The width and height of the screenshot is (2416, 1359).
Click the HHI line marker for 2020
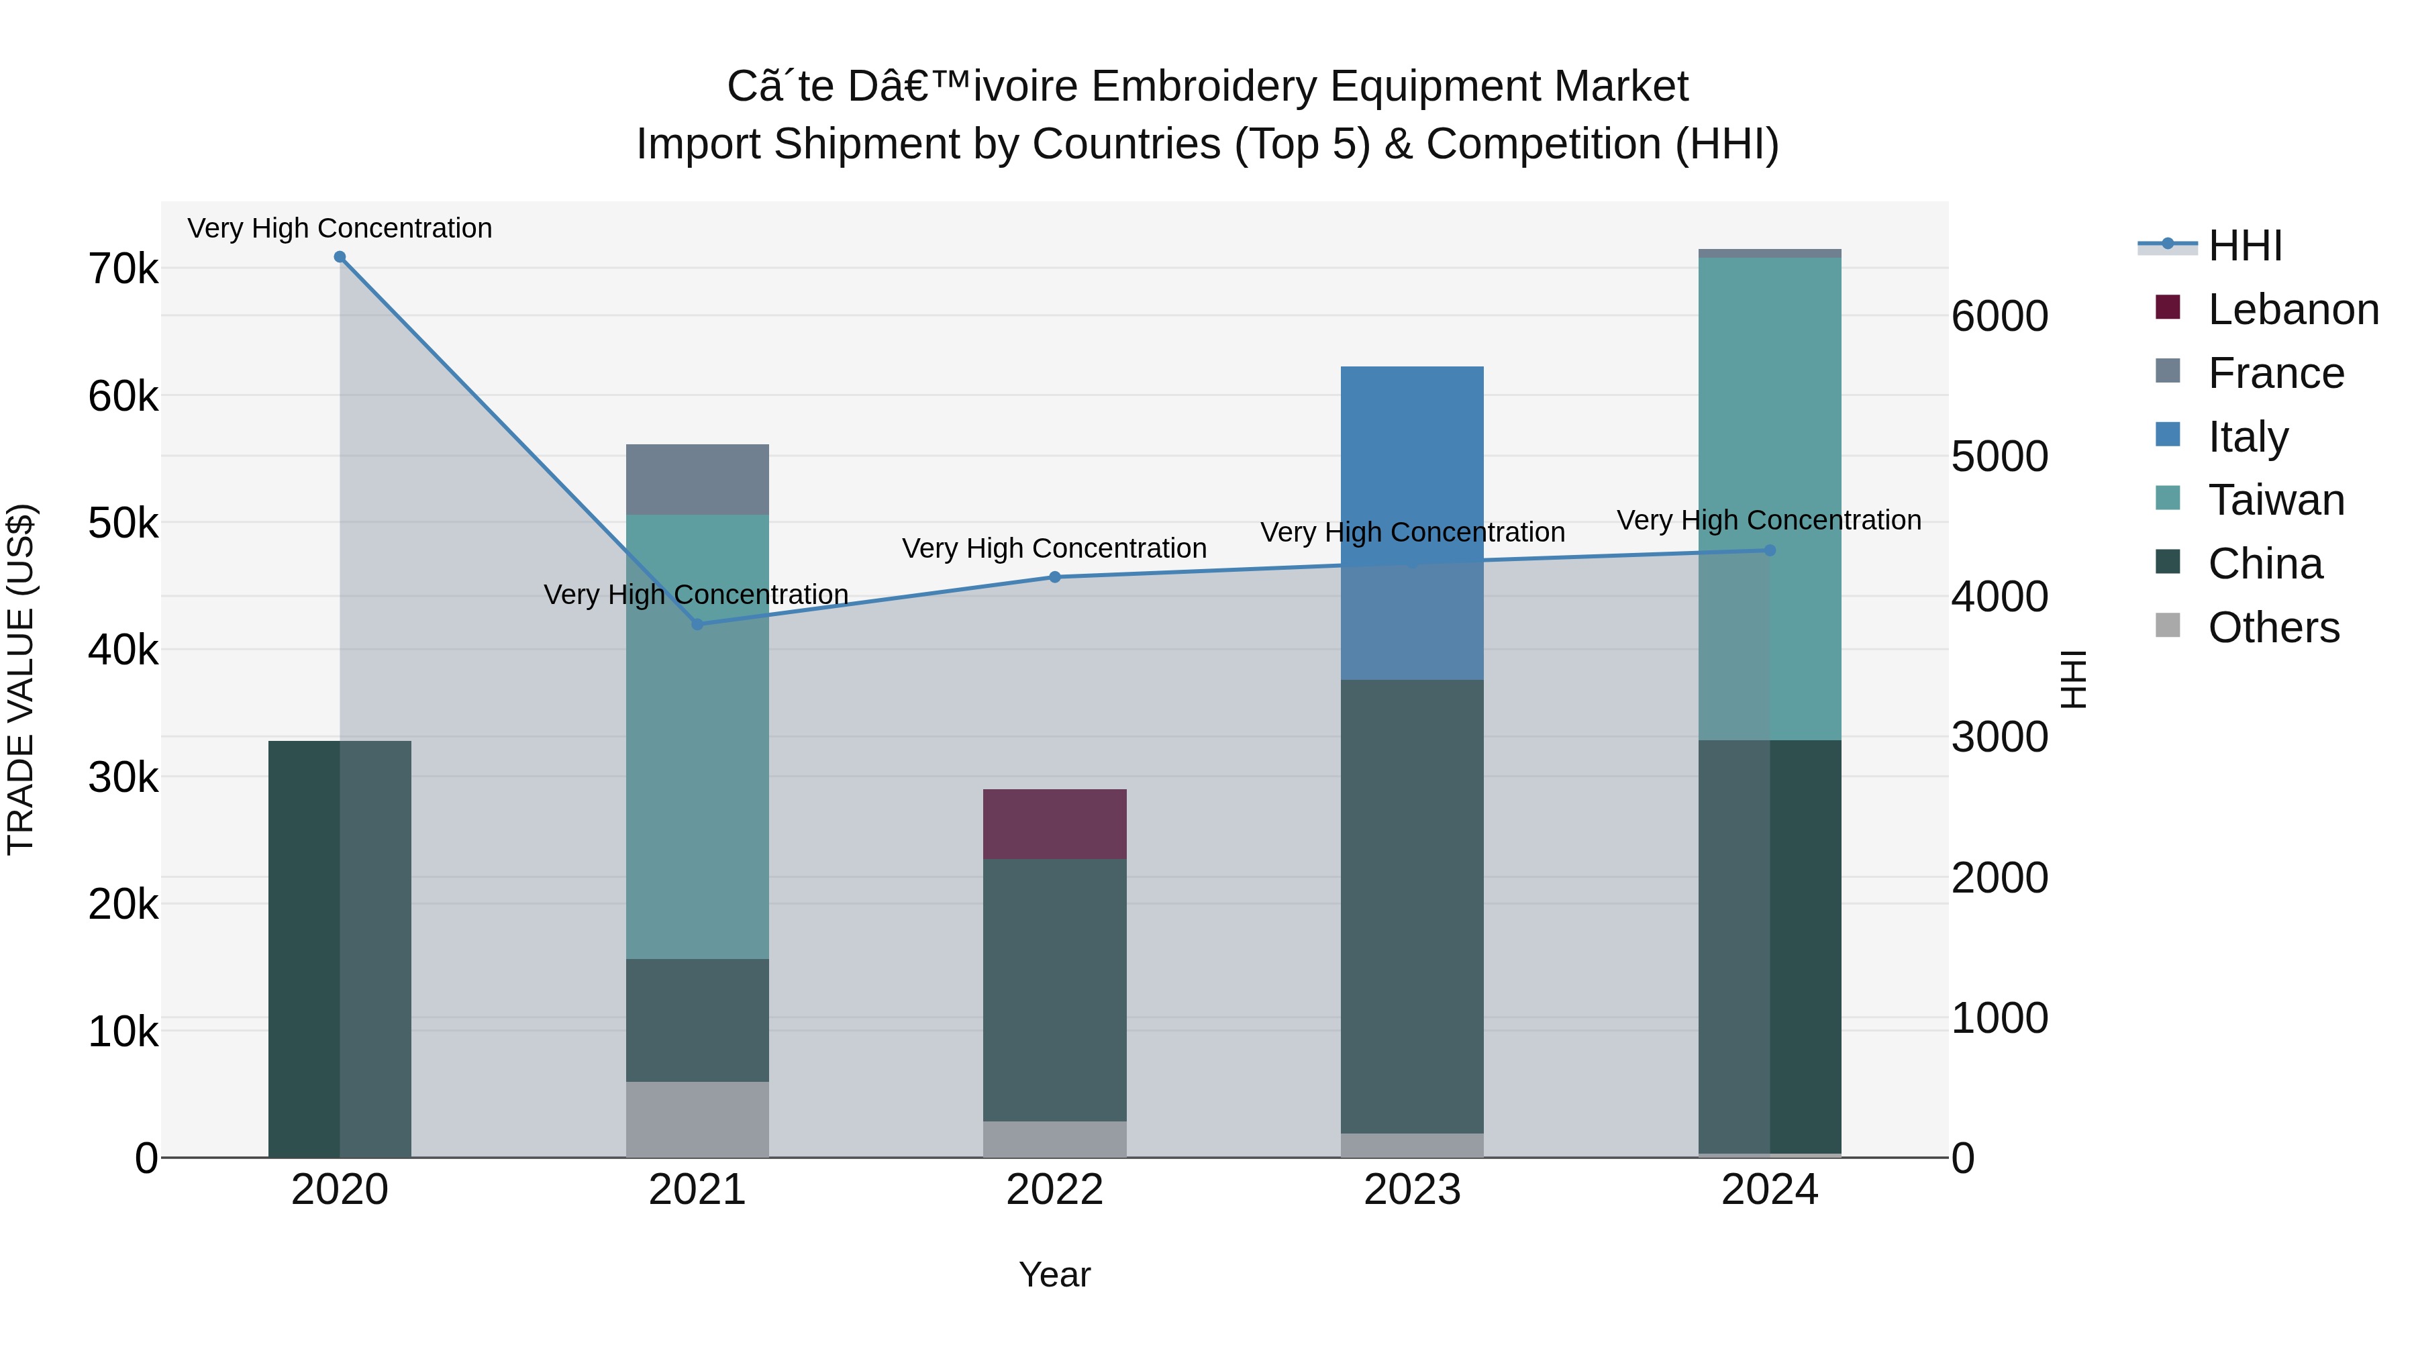pyautogui.click(x=340, y=257)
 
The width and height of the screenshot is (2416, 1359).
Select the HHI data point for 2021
pyautogui.click(x=697, y=623)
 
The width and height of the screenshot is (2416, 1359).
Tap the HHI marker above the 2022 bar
pyautogui.click(x=1054, y=576)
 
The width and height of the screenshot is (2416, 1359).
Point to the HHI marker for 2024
pyautogui.click(x=1769, y=550)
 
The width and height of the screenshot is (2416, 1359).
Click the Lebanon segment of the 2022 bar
pyautogui.click(x=1054, y=824)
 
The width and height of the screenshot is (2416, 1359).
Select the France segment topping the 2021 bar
pyautogui.click(x=697, y=479)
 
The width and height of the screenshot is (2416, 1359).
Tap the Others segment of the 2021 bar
pyautogui.click(x=697, y=1119)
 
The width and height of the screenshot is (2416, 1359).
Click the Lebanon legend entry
pyautogui.click(x=2293, y=309)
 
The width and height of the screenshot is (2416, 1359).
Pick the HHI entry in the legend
pyautogui.click(x=2244, y=246)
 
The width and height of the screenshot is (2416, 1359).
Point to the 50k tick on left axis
pyautogui.click(x=123, y=523)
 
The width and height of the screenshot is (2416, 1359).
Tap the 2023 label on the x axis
pyautogui.click(x=1411, y=1190)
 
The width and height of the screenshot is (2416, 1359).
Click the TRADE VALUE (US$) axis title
pyautogui.click(x=21, y=679)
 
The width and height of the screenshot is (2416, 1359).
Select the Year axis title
pyautogui.click(x=1054, y=1274)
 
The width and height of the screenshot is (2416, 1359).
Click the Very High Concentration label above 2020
pyautogui.click(x=340, y=228)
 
